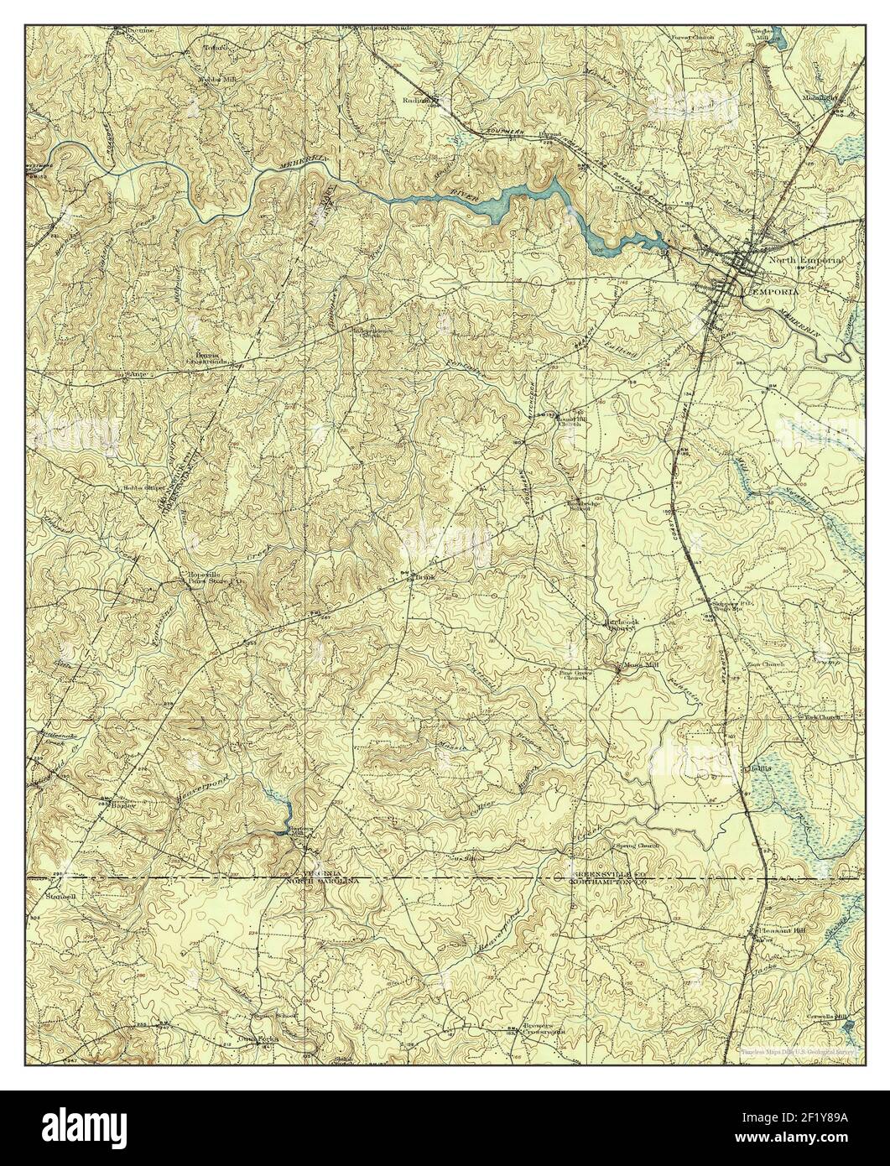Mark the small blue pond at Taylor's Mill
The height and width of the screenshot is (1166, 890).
click(283, 810)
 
